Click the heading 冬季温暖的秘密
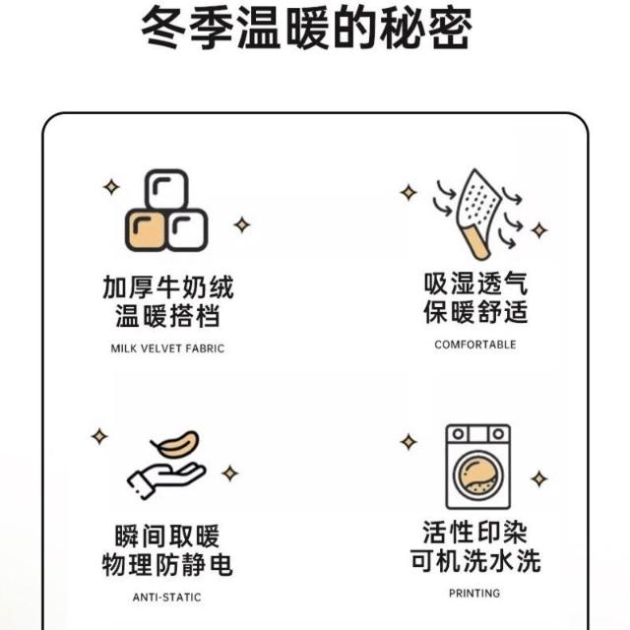[x=306, y=29]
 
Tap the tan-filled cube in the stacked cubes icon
[x=146, y=230]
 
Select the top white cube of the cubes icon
[x=166, y=190]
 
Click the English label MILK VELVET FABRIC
[x=167, y=348]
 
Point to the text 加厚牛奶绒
[x=168, y=287]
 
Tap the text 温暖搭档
[x=167, y=316]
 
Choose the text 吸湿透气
[x=475, y=283]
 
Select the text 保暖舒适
[x=475, y=312]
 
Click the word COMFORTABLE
[x=475, y=345]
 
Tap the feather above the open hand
[x=175, y=444]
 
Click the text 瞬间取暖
[x=167, y=536]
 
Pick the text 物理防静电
[x=167, y=564]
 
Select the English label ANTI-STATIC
[x=167, y=598]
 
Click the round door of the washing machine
[x=478, y=475]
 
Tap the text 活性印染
[x=474, y=532]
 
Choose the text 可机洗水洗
[x=475, y=560]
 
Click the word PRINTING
[x=474, y=594]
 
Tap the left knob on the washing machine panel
[x=458, y=434]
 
